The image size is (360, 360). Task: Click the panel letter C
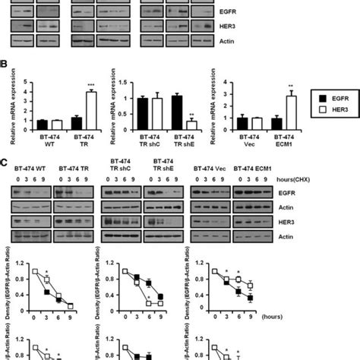tap(5, 161)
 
